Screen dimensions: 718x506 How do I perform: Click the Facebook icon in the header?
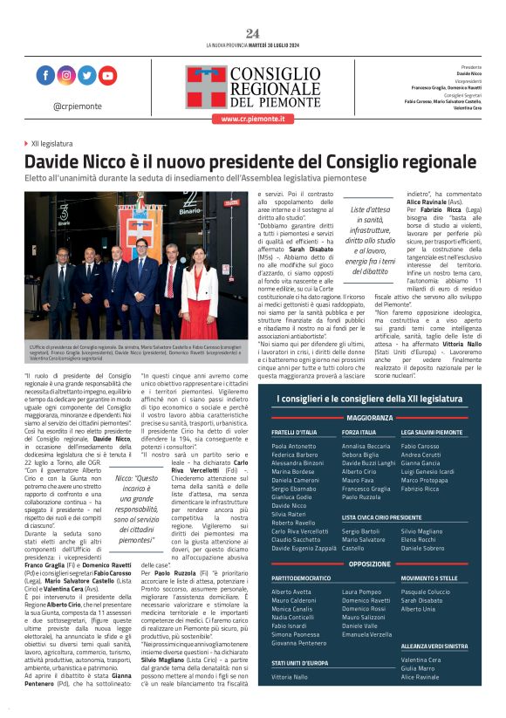pos(46,75)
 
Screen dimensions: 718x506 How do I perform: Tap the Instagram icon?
pos(66,75)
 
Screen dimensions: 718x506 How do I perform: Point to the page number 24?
pos(252,33)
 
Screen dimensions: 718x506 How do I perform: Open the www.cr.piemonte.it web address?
pos(252,120)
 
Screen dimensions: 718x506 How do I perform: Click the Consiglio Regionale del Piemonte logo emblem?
pos(205,85)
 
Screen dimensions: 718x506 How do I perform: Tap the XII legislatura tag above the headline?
pos(51,143)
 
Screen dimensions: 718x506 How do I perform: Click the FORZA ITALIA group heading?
pos(359,433)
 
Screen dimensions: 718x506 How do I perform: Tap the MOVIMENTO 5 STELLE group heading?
pos(430,578)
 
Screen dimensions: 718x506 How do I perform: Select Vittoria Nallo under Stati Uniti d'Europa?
pos(290,676)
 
